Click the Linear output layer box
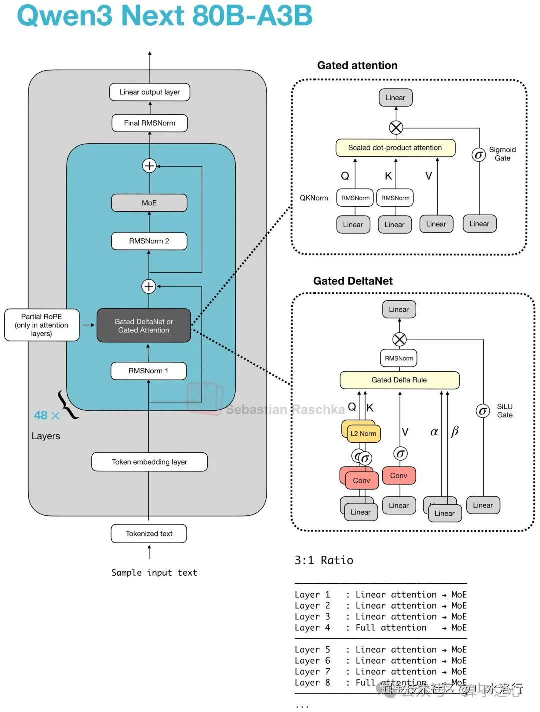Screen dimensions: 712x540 [x=149, y=92]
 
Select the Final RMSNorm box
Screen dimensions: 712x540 [x=149, y=123]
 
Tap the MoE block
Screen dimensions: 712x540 [x=149, y=203]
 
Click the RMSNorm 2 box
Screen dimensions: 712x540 [x=149, y=241]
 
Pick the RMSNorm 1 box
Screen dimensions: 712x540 [x=148, y=371]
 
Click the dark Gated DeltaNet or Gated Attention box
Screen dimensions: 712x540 [x=143, y=326]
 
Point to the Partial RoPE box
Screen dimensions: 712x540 [x=42, y=325]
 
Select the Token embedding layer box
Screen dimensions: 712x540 [x=149, y=462]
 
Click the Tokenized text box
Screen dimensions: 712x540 [x=149, y=534]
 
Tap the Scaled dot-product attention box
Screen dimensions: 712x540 [x=395, y=148]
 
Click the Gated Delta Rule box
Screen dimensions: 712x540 [x=399, y=380]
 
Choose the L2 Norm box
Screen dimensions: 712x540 [x=363, y=433]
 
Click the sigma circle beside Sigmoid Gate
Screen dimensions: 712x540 [x=479, y=155]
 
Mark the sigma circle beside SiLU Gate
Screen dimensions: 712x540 [x=482, y=411]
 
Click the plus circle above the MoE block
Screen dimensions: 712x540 [x=149, y=165]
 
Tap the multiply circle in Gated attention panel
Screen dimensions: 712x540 [x=396, y=128]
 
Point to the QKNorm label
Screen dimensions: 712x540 [x=314, y=198]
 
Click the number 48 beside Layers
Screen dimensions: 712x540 [x=41, y=415]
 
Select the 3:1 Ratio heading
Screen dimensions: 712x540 [x=324, y=560]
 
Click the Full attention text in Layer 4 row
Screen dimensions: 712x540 [x=391, y=628]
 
